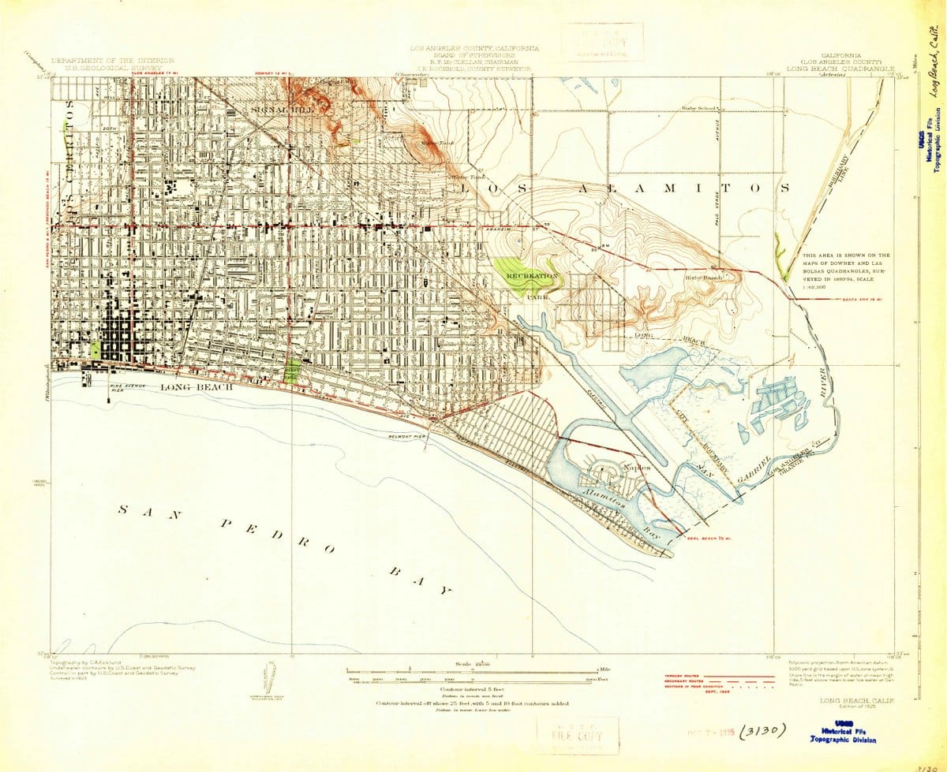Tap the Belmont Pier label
pyautogui.click(x=408, y=435)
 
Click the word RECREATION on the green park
pyautogui.click(x=533, y=277)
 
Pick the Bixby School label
pyautogui.click(x=699, y=107)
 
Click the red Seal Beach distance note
pyautogui.click(x=709, y=539)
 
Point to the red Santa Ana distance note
pyautogui.click(x=866, y=299)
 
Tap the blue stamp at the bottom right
pyautogui.click(x=844, y=733)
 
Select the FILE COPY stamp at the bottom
pyautogui.click(x=578, y=736)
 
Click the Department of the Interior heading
pyautogui.click(x=113, y=60)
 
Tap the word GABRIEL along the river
pyautogui.click(x=753, y=468)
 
